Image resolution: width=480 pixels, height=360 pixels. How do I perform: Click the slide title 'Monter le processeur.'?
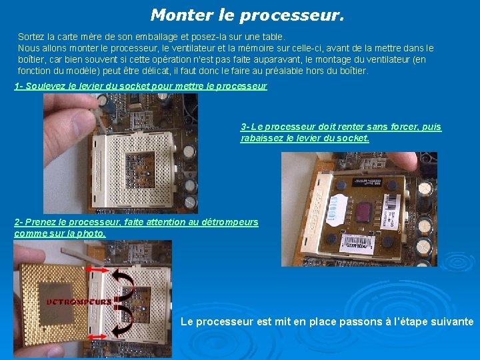tap(247, 15)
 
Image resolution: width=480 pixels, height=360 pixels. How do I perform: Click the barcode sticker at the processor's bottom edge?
tap(363, 248)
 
